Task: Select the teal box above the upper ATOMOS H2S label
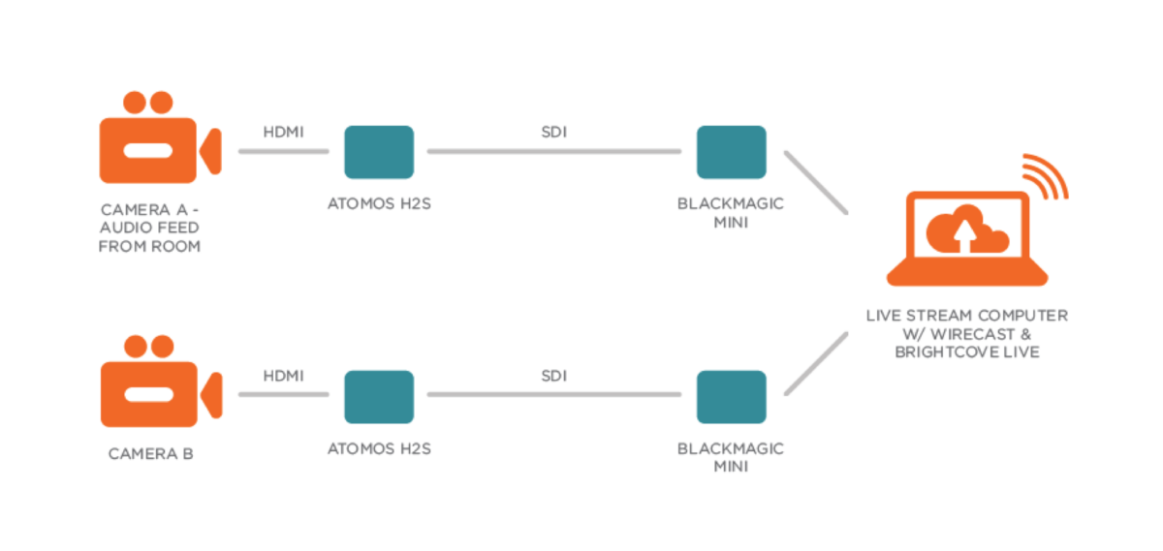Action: click(379, 152)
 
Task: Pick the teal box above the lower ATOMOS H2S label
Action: click(379, 397)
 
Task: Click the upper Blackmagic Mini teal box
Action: click(731, 152)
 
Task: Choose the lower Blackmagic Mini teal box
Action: click(731, 397)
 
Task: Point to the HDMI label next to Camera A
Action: click(283, 133)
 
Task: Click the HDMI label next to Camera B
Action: click(283, 376)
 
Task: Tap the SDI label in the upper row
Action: click(554, 133)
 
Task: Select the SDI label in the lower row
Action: click(554, 376)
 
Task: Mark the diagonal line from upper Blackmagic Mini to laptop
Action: click(816, 182)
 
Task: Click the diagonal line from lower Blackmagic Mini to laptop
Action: click(816, 364)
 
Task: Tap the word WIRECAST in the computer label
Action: click(972, 334)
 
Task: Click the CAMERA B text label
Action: click(150, 454)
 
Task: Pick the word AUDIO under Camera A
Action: click(125, 228)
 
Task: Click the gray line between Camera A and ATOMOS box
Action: click(283, 151)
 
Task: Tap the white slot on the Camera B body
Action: click(149, 394)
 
